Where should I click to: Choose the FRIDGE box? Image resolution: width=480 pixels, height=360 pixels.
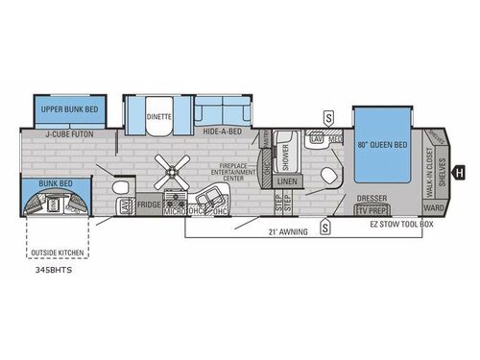tap(149, 204)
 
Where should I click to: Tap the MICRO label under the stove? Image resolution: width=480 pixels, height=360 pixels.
tap(174, 211)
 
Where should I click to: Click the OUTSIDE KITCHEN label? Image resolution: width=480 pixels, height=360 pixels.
tap(57, 254)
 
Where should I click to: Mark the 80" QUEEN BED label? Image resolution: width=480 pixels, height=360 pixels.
tap(382, 145)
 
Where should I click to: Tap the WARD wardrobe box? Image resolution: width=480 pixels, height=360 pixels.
tap(434, 206)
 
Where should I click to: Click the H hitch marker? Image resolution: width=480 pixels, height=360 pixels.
tap(459, 173)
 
